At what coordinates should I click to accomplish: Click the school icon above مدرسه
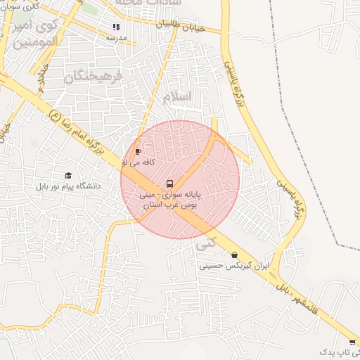pos(116,27)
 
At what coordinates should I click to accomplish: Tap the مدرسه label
pos(117,38)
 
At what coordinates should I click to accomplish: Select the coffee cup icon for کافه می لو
pos(138,151)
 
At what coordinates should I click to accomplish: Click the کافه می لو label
pos(139,162)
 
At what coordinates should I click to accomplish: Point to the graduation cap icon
pos(68,175)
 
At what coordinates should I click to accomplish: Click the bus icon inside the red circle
pos(169,184)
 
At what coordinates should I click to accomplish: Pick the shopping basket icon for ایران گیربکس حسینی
pos(234,255)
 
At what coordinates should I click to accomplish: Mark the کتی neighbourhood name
pos(207,243)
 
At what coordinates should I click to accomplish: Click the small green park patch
pos(91,8)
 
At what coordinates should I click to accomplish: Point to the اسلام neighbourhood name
pos(176,97)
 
